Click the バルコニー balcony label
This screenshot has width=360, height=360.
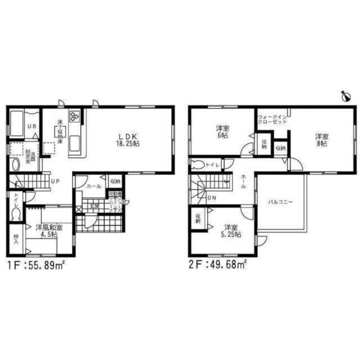[x=280, y=202]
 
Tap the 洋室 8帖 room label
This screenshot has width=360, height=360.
[x=321, y=140]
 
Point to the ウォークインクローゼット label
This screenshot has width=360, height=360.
[x=273, y=120]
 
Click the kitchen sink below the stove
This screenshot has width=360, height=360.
[x=76, y=143]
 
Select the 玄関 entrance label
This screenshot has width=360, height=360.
[x=94, y=206]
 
